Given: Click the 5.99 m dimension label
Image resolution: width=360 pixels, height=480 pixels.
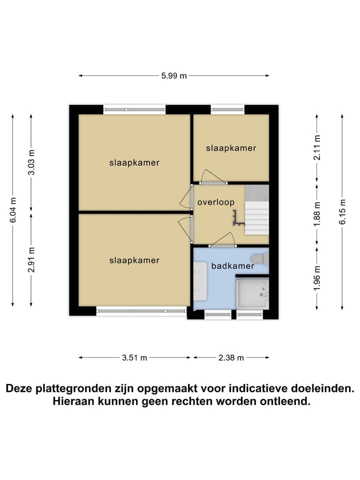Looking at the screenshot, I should click(x=174, y=76).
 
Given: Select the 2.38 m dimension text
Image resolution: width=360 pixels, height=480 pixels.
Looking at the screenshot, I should click(x=231, y=357).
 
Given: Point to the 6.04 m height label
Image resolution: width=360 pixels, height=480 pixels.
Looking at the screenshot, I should click(x=13, y=210).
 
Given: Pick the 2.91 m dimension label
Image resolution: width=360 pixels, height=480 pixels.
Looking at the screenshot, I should click(x=31, y=260).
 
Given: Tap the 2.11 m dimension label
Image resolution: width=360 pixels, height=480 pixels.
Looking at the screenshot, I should click(x=316, y=148).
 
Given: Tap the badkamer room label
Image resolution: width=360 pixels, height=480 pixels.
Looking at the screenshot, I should click(x=232, y=266).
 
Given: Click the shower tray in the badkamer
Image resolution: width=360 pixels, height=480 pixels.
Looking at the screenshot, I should click(x=252, y=292).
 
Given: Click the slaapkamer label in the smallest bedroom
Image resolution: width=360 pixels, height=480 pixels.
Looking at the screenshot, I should click(x=231, y=148).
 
